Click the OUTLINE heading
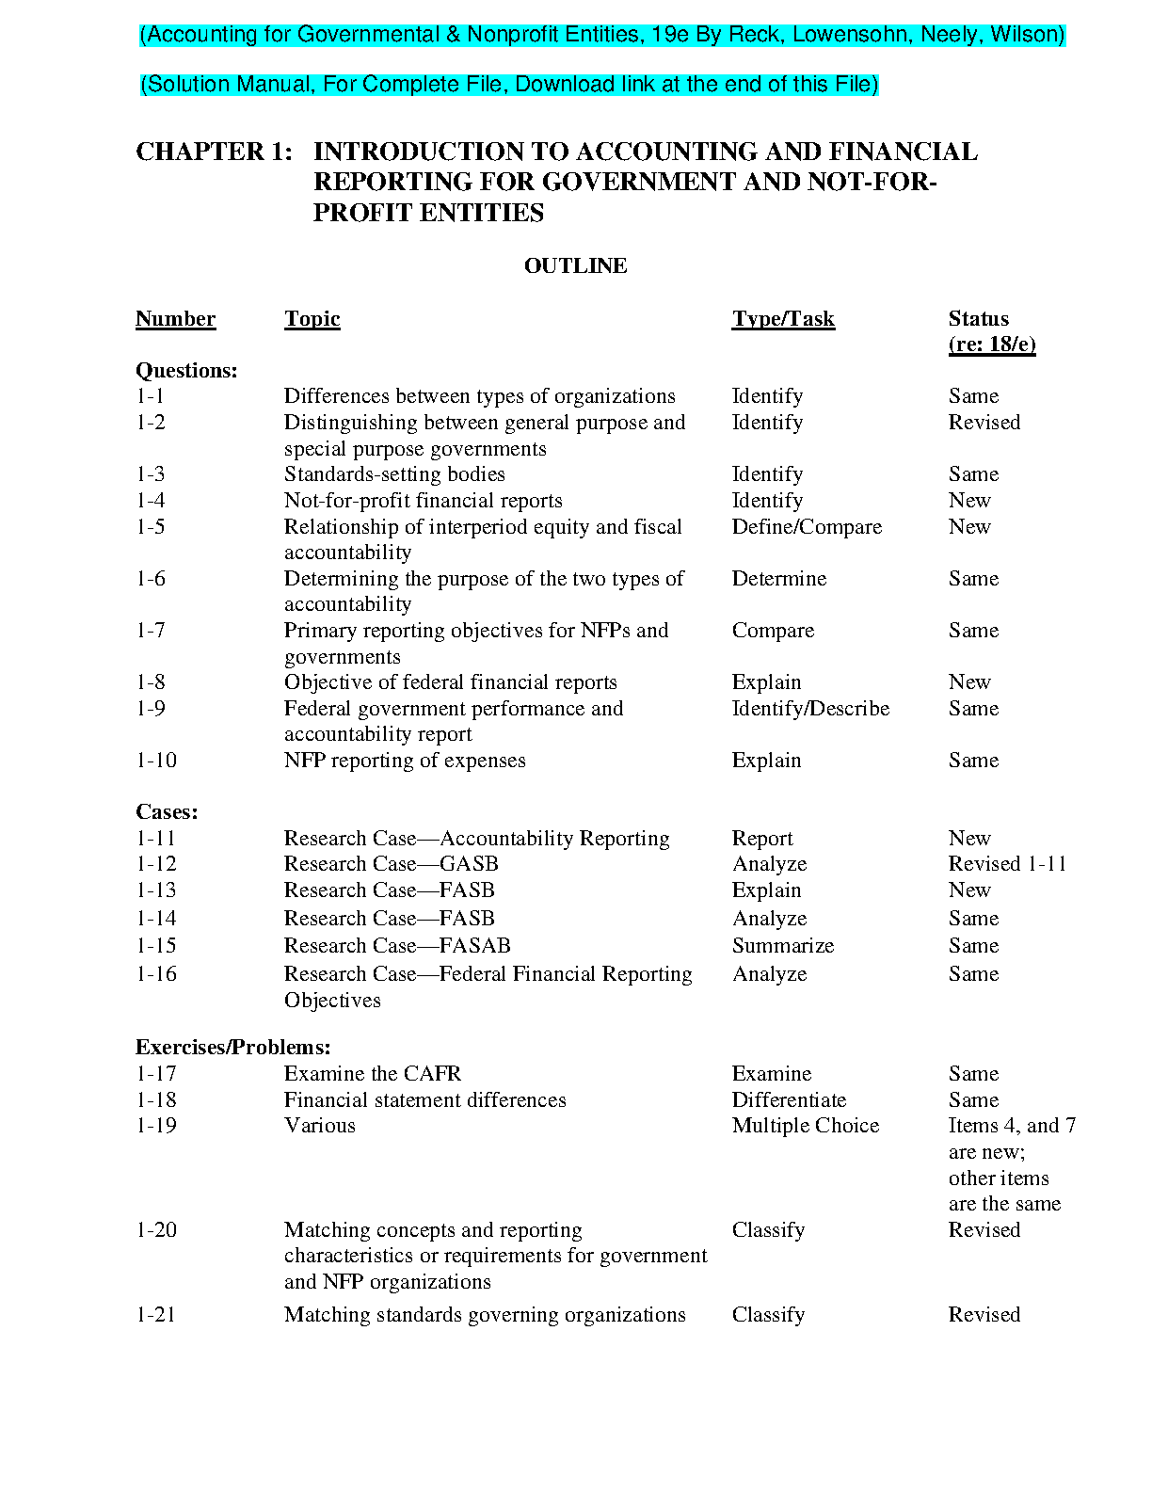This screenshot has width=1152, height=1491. tap(575, 266)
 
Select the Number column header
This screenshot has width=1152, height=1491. tap(175, 319)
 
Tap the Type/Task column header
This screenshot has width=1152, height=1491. tap(783, 319)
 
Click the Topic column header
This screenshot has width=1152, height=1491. tap(312, 319)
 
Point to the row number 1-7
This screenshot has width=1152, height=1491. tap(151, 631)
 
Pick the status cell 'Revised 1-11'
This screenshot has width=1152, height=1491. tap(1007, 864)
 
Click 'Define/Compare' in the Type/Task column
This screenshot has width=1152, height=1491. tap(807, 527)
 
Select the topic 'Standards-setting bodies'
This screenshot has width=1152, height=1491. tap(394, 474)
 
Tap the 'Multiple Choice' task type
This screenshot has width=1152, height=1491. tap(805, 1126)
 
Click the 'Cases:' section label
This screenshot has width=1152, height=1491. tap(167, 812)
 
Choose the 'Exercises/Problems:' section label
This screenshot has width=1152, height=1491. tap(232, 1048)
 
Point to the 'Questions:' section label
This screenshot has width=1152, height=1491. tap(186, 371)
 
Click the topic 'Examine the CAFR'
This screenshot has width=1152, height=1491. tap(373, 1074)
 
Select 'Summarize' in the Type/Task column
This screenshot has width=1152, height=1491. tap(782, 946)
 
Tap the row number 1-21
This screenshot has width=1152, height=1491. tap(156, 1315)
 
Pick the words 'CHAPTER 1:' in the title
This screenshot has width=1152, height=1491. tap(214, 152)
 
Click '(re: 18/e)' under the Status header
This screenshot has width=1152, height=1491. tap(992, 345)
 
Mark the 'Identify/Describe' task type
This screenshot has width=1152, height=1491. tap(810, 709)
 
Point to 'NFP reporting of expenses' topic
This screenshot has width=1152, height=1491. tap(405, 761)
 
